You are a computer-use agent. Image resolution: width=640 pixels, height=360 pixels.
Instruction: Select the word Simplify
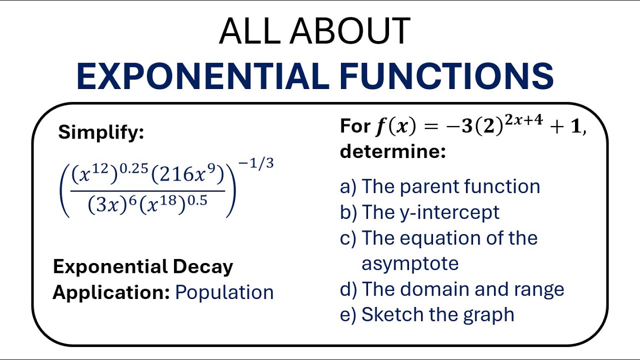(101, 132)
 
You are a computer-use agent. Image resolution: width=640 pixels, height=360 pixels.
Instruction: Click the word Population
(224, 292)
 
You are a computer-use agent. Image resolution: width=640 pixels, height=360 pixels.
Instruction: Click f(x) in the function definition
(395, 127)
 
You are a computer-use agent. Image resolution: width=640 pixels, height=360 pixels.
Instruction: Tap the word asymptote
(410, 263)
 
